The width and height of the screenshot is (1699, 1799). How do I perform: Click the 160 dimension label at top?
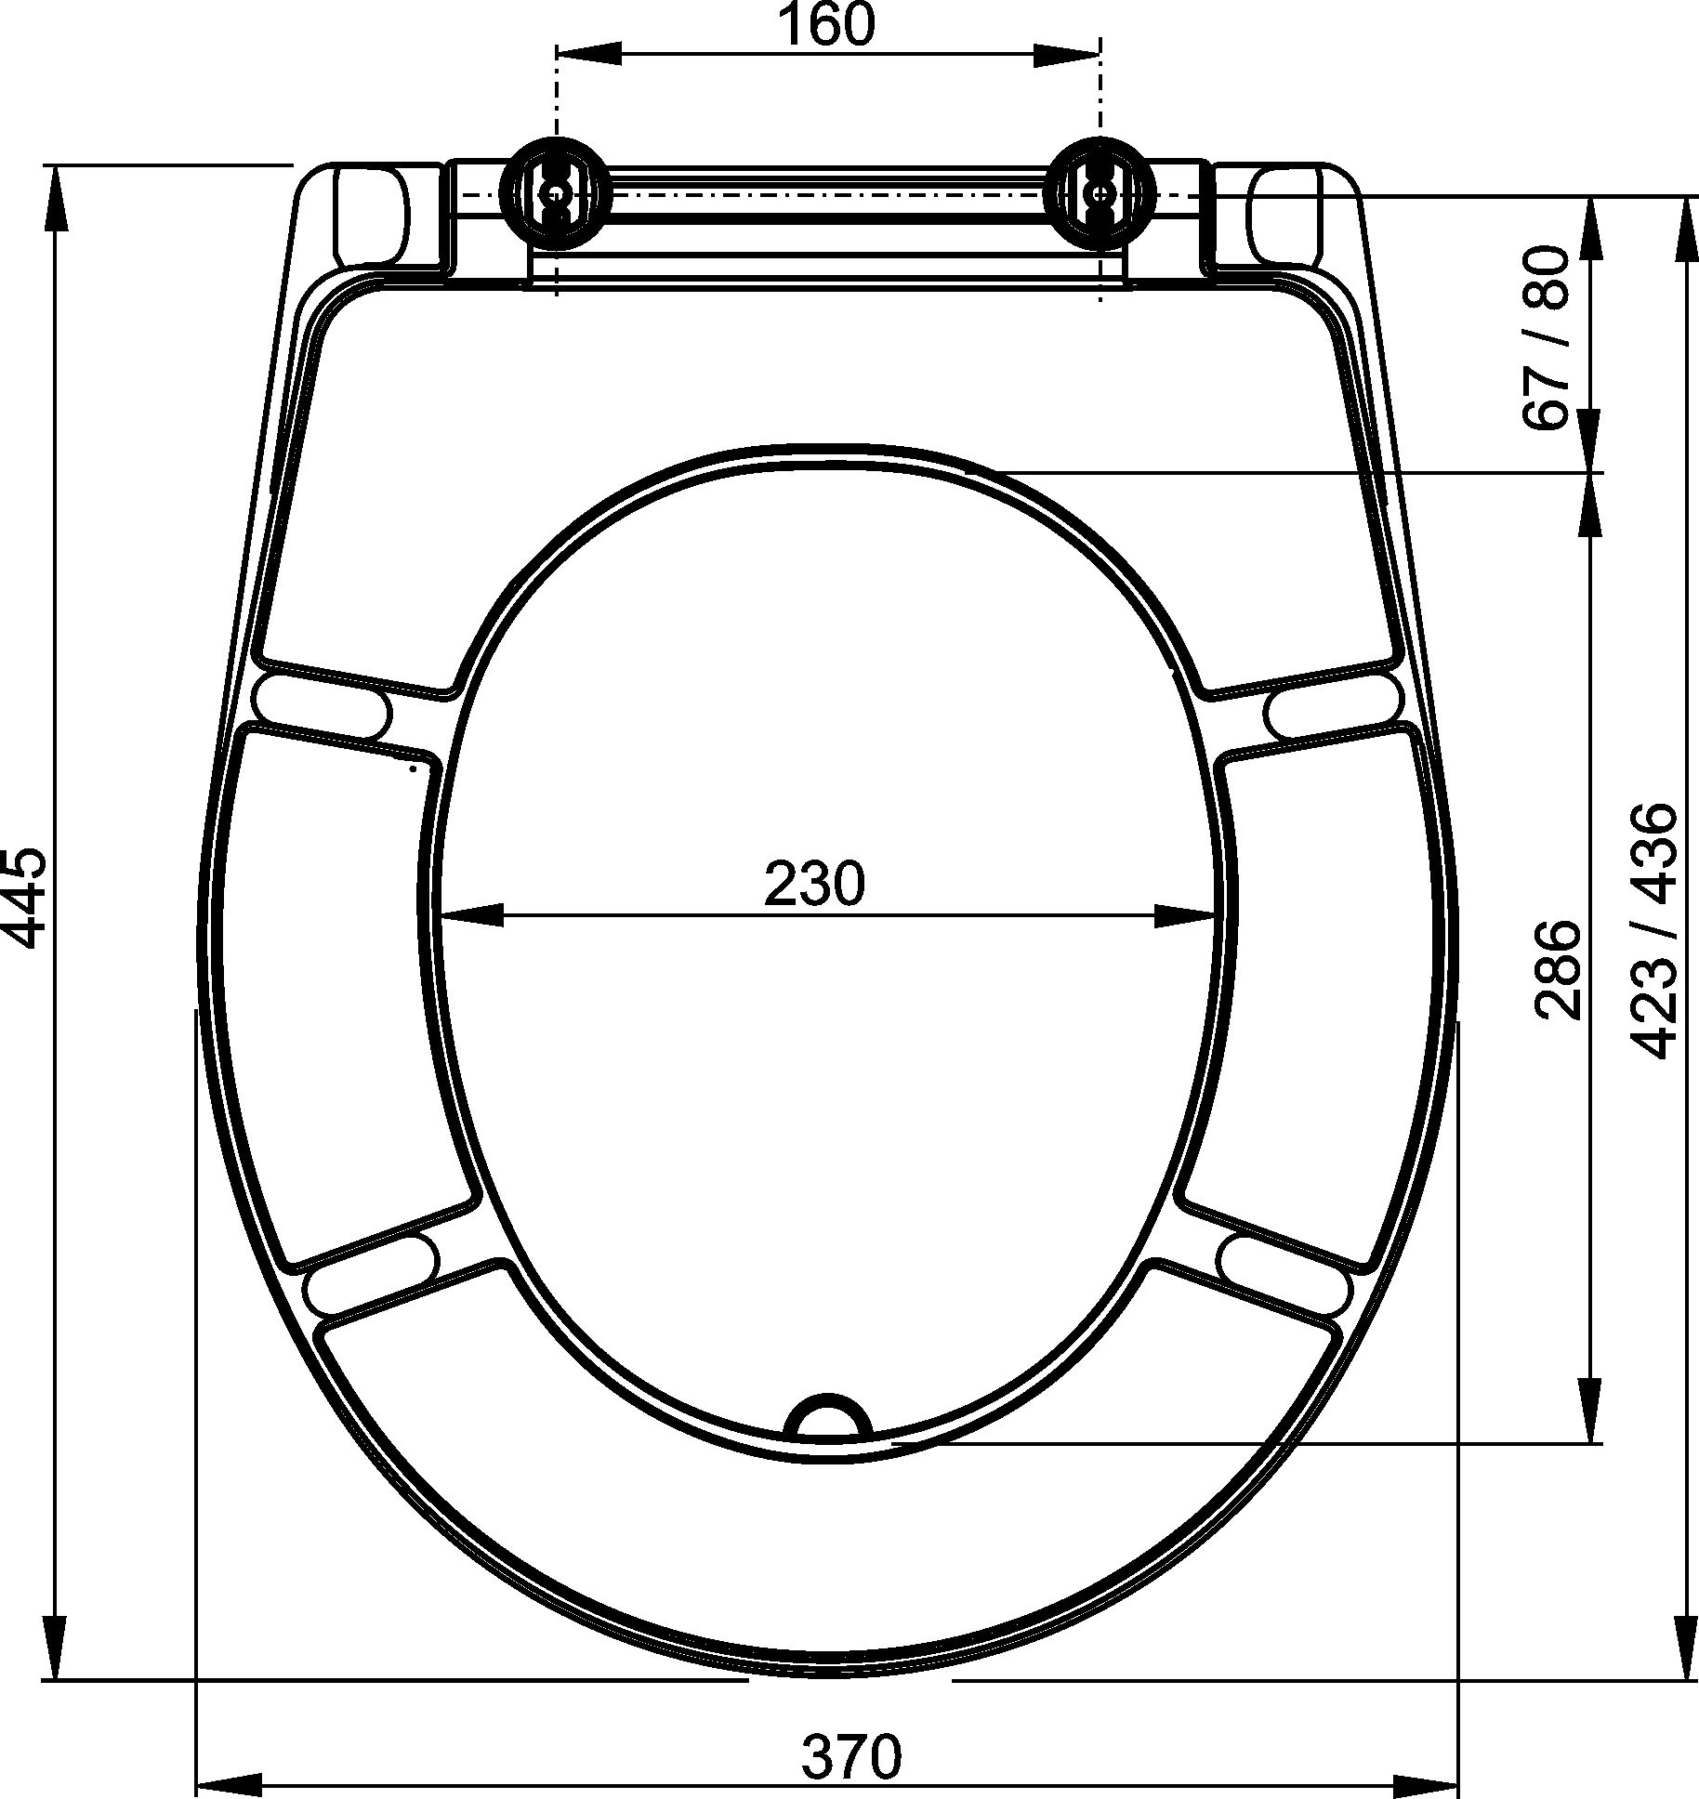pos(825,26)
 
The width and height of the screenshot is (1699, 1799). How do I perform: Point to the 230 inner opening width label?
pos(814,884)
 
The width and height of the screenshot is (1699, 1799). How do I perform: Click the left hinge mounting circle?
pos(555,194)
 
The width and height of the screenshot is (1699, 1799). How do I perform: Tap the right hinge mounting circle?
pos(1101,194)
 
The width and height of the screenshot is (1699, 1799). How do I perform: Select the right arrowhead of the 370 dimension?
pos(1427,1785)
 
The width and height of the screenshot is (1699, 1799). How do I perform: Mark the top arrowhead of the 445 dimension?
pos(57,196)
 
